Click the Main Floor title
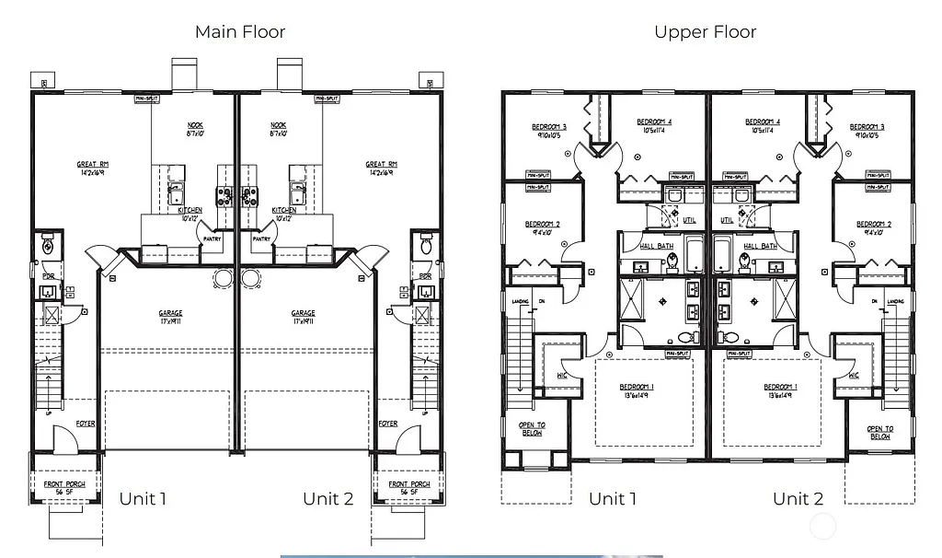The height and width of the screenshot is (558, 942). pos(239,32)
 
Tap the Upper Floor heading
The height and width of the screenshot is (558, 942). pos(705,32)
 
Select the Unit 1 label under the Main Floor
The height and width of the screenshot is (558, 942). pos(143,499)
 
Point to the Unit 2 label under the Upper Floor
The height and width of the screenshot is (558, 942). pos(798,499)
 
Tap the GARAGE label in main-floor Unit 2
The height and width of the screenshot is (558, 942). pos(304,313)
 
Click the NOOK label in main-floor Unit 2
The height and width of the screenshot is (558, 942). pos(279,125)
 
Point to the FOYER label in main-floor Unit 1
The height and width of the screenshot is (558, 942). pos(86,424)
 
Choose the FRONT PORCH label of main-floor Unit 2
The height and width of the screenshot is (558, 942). pos(408,484)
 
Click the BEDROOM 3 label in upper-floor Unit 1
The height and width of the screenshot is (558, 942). pos(549,126)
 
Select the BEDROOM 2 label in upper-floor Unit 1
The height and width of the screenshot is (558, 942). pos(543,224)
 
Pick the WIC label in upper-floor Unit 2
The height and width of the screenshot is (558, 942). pos(854,376)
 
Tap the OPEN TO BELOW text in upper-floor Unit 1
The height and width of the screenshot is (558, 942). pos(532,430)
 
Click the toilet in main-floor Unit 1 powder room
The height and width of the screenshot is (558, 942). pos(47,246)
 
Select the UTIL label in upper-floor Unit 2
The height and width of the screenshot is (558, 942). pos(728,220)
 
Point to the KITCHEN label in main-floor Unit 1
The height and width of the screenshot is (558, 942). pos(190,210)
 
